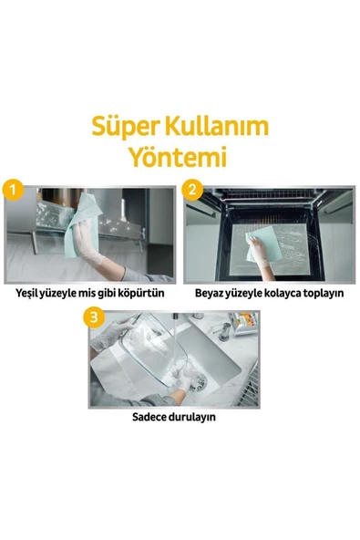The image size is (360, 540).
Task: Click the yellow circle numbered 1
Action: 12,191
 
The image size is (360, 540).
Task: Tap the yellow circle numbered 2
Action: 191,191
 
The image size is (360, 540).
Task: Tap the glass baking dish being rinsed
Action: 155,356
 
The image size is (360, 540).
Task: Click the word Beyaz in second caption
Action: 211,295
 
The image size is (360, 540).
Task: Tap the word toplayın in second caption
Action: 323,295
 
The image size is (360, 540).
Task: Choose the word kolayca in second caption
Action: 281,295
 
